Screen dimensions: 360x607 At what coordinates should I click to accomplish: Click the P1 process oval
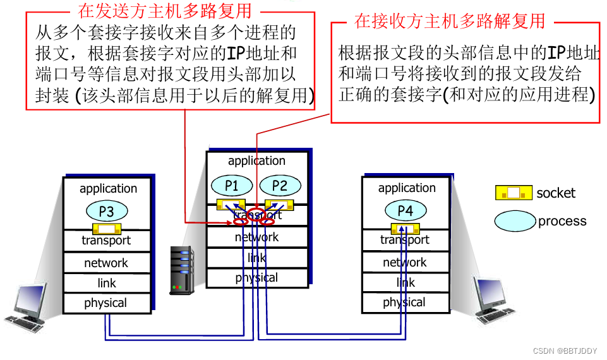click(232, 185)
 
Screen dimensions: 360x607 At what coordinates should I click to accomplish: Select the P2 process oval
click(279, 185)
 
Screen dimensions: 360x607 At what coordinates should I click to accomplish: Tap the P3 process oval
click(106, 211)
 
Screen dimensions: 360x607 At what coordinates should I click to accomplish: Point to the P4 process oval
click(405, 211)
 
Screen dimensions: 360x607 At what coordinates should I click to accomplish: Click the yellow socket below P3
click(106, 228)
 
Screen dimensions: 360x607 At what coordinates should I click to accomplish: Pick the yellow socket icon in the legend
click(514, 193)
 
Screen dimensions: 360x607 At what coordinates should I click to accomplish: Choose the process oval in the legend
click(514, 220)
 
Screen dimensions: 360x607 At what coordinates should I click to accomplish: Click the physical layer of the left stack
click(106, 303)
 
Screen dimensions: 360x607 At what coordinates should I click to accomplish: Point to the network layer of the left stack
click(106, 263)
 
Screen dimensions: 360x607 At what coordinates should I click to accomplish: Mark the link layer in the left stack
click(107, 283)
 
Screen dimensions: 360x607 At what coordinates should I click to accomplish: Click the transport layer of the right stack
click(405, 240)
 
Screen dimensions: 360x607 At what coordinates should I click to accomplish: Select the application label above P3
click(108, 188)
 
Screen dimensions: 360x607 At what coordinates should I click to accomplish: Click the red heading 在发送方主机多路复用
click(164, 10)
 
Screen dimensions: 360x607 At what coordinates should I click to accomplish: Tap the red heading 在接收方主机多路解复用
click(449, 21)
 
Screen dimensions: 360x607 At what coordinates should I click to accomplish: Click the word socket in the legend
click(556, 193)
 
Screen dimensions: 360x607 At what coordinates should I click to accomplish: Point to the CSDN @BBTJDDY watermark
click(564, 349)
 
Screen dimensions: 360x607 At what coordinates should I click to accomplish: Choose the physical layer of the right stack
click(404, 303)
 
